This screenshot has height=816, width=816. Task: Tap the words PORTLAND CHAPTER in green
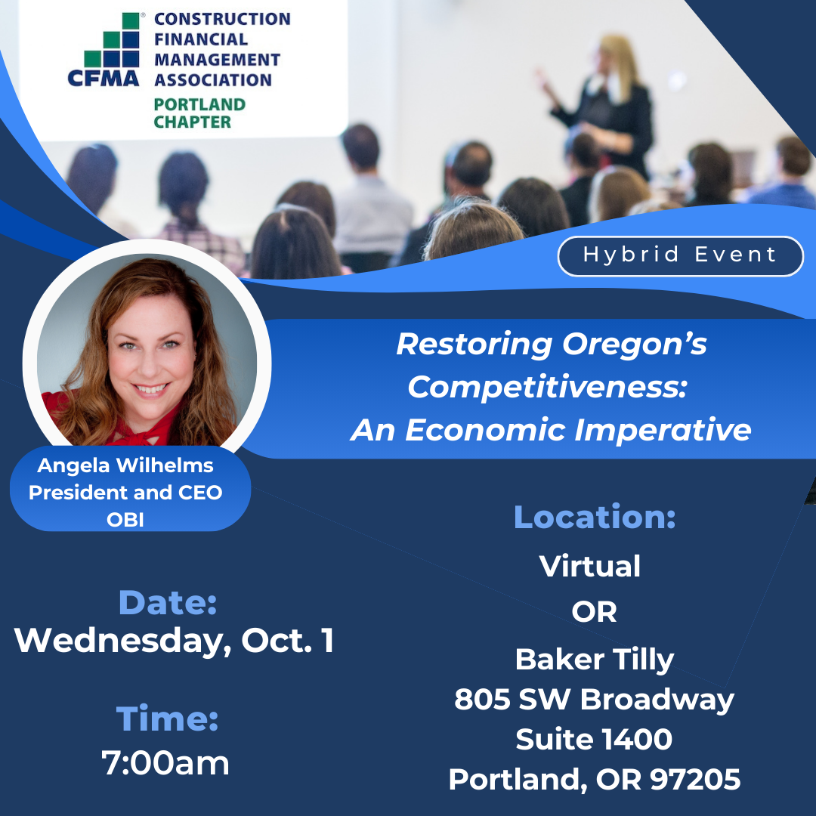click(x=199, y=113)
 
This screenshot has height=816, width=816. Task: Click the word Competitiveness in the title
click(x=547, y=387)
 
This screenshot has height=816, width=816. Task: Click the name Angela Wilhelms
click(x=125, y=465)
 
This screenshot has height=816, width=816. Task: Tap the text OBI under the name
click(x=125, y=519)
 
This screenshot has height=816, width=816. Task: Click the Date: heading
click(x=168, y=603)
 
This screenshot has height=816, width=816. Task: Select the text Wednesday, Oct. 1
click(x=174, y=640)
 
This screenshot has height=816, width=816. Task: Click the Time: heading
click(x=167, y=719)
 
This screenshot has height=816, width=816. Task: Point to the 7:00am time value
click(x=165, y=763)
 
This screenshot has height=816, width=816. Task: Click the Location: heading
click(x=595, y=517)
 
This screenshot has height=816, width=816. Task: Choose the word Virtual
click(x=589, y=566)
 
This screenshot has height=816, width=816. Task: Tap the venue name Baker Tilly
click(x=595, y=660)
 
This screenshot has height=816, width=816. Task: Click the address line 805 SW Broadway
click(x=594, y=699)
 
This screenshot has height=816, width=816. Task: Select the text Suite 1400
click(x=594, y=739)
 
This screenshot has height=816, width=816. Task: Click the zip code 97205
click(x=695, y=779)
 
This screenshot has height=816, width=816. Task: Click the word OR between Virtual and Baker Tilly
click(x=594, y=612)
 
